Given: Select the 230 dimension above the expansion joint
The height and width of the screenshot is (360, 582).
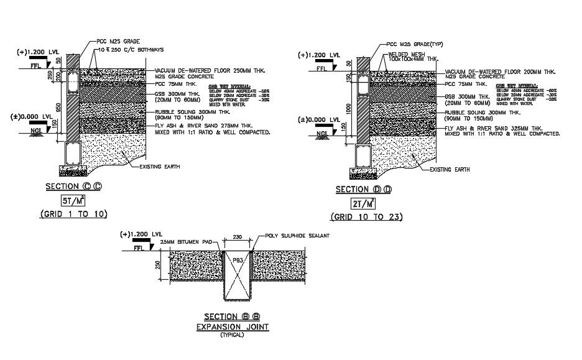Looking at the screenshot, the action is tap(237, 236).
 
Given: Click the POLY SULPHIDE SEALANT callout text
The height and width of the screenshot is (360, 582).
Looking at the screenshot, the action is tap(297, 236).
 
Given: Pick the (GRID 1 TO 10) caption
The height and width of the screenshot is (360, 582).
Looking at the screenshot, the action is tap(74, 214).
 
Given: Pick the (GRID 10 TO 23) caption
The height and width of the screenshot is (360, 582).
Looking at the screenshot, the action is tap(366, 217).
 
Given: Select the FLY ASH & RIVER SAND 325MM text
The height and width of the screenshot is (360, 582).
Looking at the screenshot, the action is tap(495, 128).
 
